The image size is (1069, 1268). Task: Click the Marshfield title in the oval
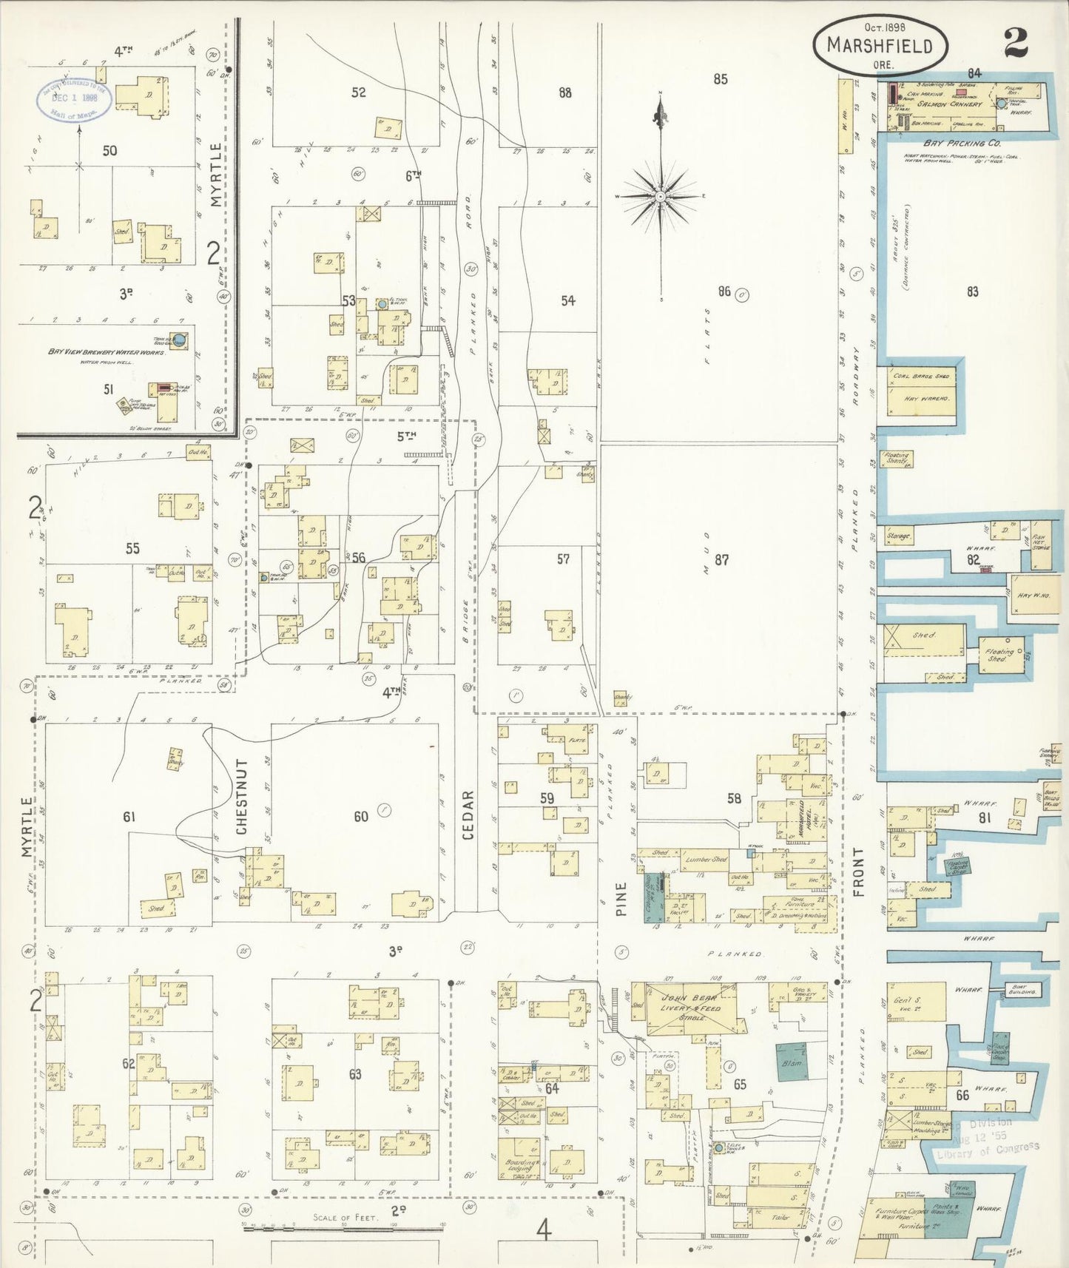879,46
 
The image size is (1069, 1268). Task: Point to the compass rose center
660,197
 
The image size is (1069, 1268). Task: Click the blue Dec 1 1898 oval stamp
75,99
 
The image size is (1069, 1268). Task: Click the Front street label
858,872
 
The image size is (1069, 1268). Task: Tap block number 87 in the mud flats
721,560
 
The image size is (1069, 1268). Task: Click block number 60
360,817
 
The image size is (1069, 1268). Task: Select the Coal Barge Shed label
920,377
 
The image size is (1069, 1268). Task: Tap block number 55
132,548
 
